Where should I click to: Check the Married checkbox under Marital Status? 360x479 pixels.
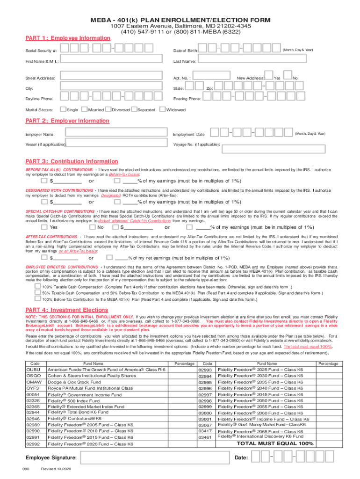pos(84,109)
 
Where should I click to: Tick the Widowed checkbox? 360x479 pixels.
pos(163,109)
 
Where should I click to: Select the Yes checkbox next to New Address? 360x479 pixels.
pos(268,78)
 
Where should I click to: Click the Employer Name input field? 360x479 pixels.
pos(116,134)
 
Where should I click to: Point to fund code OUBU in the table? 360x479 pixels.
pos(33,370)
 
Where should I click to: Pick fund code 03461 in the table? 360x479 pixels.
pos(205,437)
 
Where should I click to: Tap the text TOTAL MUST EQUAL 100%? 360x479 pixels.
pos(275,443)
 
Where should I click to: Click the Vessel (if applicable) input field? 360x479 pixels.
pos(116,144)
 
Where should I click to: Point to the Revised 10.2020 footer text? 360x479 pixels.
pos(55,470)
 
